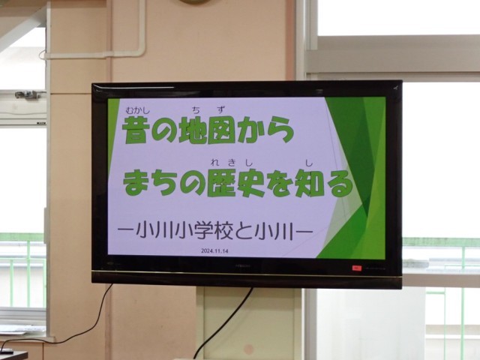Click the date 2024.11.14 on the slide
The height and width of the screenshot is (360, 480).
[x=214, y=251]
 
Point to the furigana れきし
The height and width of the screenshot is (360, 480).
[x=232, y=163]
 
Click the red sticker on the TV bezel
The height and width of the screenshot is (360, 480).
[x=357, y=268]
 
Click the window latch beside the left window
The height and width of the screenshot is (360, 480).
[x=28, y=95]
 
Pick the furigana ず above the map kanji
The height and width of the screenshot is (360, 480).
[x=220, y=109]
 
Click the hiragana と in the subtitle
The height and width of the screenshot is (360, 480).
[x=244, y=231]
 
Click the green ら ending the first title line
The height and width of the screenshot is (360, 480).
[x=280, y=130]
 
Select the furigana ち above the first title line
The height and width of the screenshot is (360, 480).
[x=196, y=110]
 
